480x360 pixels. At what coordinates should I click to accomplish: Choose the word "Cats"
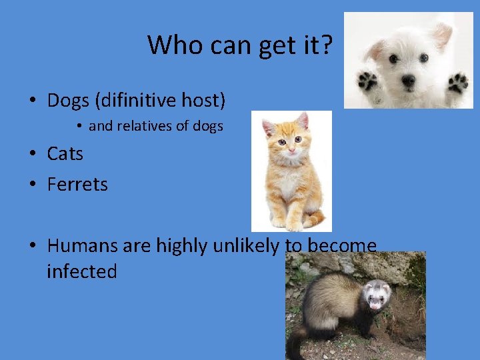(65, 153)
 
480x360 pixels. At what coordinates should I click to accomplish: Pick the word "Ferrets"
(77, 184)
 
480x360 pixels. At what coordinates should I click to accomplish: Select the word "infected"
(82, 272)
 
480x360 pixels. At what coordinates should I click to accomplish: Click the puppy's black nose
(408, 80)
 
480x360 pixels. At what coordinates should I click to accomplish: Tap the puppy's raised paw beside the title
(367, 81)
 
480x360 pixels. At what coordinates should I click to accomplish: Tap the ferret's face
(377, 297)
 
